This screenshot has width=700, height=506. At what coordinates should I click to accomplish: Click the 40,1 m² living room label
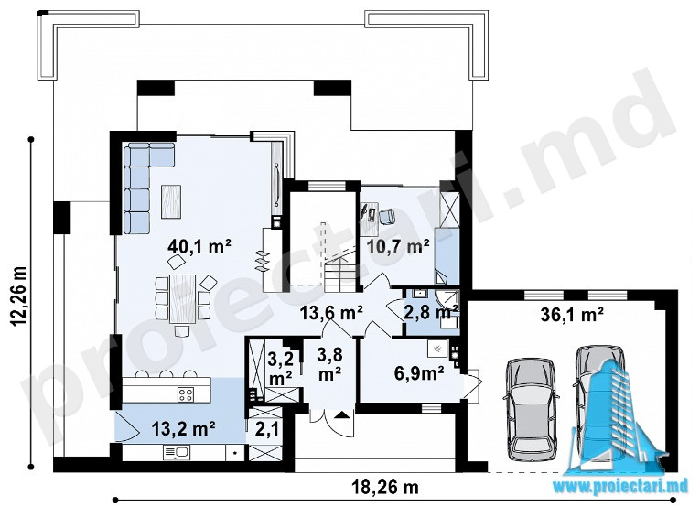coord(199,245)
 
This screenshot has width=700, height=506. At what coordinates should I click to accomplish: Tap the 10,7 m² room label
coord(398,245)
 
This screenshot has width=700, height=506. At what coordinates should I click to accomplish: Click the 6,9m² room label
coord(419,373)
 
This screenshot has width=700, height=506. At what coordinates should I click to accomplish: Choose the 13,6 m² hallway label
coord(331,313)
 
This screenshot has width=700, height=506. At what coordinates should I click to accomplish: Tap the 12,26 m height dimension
coord(19,301)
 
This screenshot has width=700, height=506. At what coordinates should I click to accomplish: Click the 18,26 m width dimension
coord(385,488)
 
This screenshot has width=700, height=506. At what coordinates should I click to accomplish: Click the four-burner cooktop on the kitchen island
coord(186,393)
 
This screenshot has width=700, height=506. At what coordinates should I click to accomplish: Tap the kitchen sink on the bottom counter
coord(177,452)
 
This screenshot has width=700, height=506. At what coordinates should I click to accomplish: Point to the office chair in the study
coord(387,216)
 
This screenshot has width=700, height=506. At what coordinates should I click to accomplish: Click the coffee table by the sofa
coord(171,201)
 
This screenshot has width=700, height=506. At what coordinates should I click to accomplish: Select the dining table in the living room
coord(183,299)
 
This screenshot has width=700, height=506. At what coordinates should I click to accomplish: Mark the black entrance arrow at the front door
coord(341,415)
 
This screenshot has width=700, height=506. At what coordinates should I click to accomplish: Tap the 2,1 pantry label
coord(267,430)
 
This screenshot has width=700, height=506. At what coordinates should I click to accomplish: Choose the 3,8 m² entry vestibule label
coord(329,364)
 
